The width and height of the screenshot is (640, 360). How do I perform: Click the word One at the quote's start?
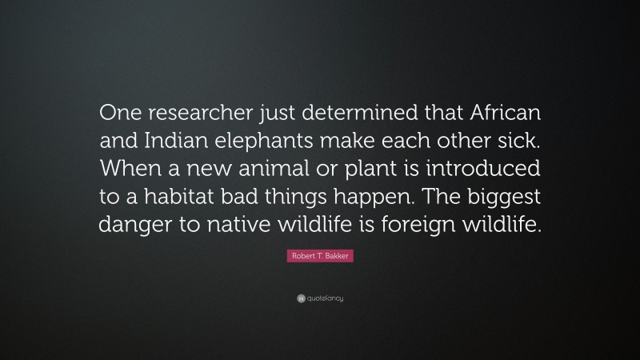point(117,113)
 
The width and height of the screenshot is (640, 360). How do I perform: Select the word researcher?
point(191,113)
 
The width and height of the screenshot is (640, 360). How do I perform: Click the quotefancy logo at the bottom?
point(320,298)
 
